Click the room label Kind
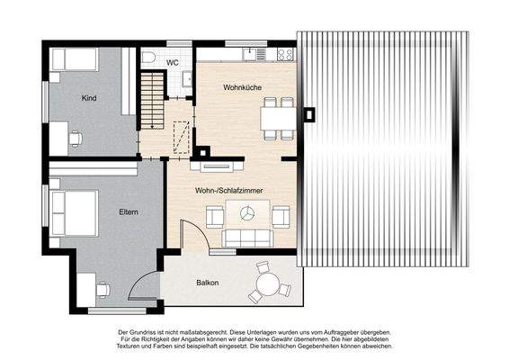(88, 97)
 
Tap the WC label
(173, 62)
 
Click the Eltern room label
(129, 211)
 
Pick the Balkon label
(208, 283)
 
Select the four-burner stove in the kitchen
(285, 55)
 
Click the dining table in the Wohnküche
(277, 119)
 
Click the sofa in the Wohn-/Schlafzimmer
(247, 238)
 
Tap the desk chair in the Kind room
(75, 139)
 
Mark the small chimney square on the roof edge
(310, 114)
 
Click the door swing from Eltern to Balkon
(144, 288)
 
